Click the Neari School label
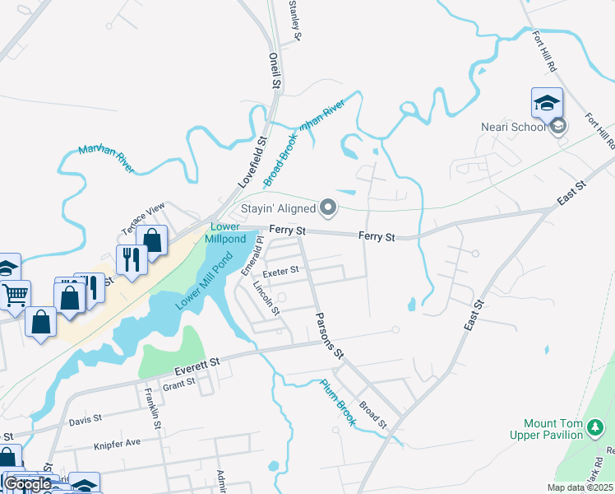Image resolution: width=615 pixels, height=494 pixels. pos(513,127)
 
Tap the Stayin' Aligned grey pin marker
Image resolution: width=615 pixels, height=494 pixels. pos(329,207)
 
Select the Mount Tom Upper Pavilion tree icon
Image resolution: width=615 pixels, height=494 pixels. pos(597,426)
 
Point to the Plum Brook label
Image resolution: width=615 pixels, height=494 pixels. pos(338,402)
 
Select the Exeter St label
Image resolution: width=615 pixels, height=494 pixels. pos(280,270)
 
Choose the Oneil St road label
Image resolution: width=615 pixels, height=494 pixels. pos(275,72)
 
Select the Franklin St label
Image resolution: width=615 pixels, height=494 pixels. pos(151,409)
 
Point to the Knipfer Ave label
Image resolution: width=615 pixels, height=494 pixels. pos(118,442)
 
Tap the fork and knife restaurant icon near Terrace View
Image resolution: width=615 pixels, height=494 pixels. pos(131,259)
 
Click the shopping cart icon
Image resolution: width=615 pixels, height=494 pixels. pos(16,294)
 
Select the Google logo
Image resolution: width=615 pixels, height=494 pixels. pos(28,484)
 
